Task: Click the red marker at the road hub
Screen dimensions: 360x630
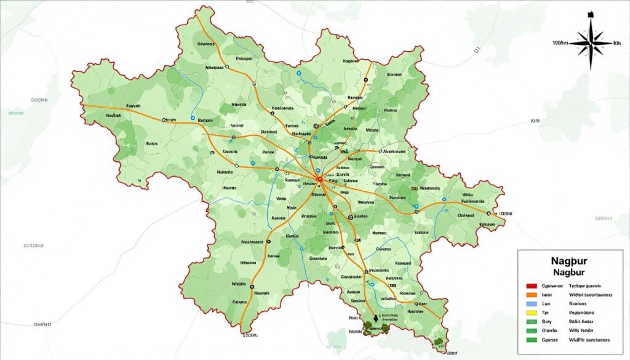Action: (319, 179)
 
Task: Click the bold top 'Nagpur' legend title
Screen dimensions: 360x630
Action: (569, 261)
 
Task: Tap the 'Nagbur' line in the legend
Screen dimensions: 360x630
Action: (569, 271)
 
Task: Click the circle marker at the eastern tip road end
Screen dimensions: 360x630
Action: (489, 213)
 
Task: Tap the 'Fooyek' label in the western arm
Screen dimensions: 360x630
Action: (133, 106)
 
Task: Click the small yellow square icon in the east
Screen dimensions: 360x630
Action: (415, 188)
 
